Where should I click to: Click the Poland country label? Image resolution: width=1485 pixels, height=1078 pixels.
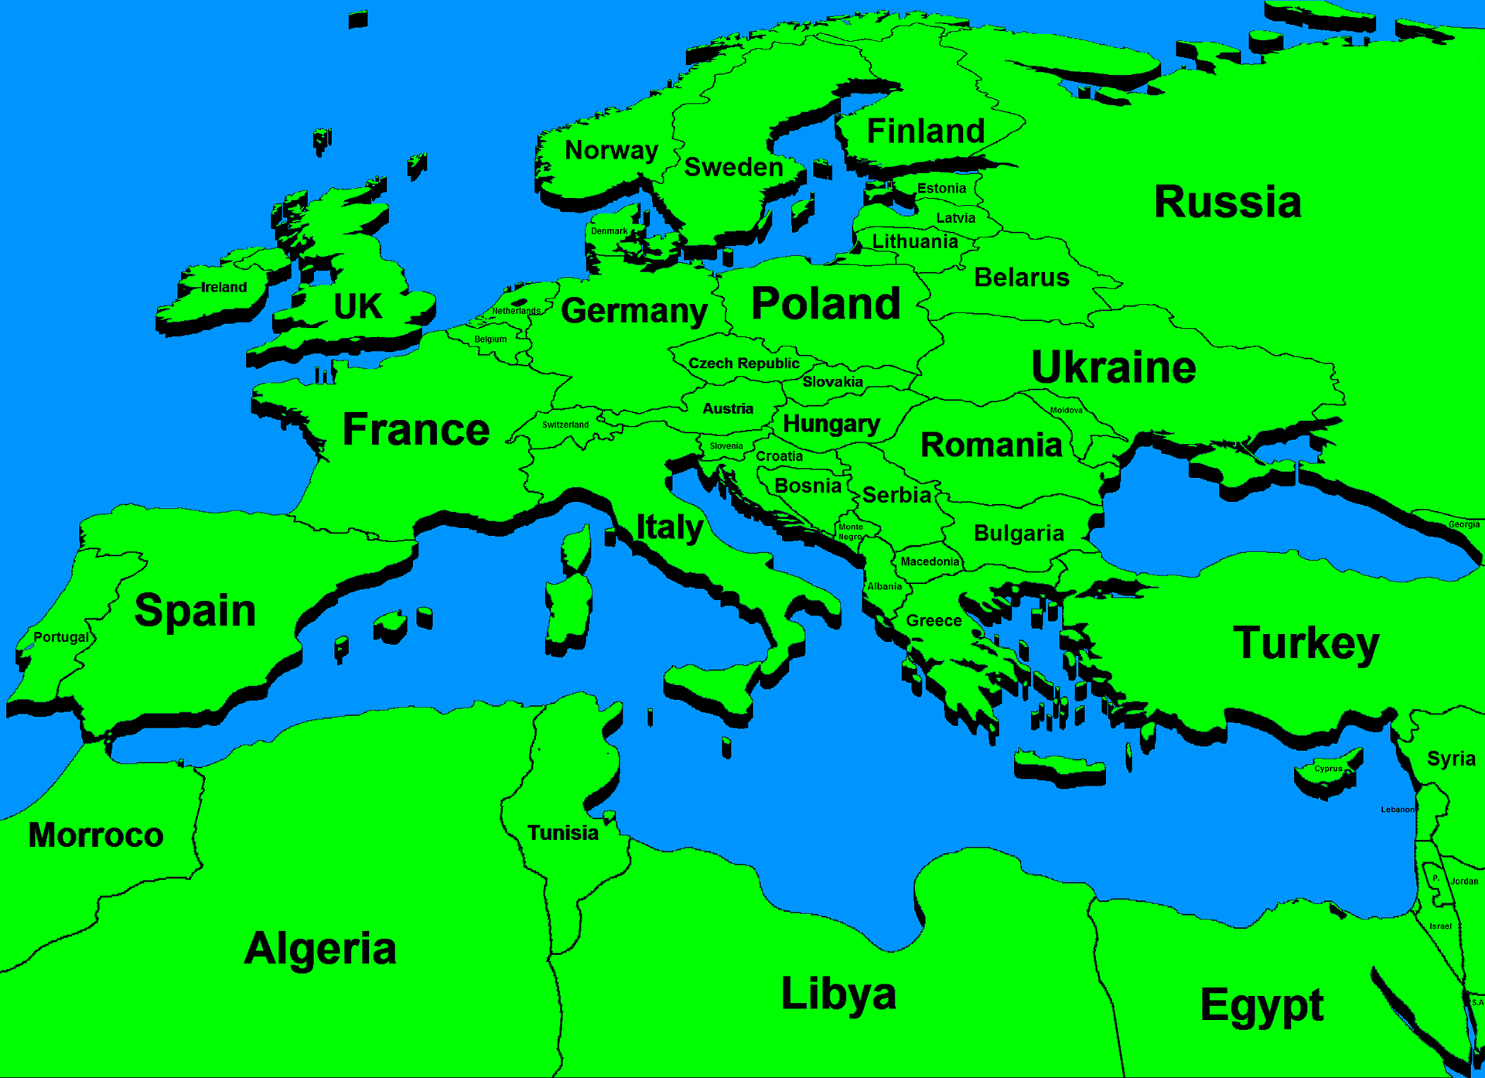(825, 303)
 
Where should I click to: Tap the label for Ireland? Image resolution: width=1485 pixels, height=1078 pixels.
(224, 288)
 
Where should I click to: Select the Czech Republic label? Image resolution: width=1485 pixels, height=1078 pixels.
(743, 363)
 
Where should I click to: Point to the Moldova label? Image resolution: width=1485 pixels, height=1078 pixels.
(1066, 411)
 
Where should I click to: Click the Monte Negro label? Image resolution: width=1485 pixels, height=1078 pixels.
(851, 531)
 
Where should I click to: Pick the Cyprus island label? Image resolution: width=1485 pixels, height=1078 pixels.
(1328, 769)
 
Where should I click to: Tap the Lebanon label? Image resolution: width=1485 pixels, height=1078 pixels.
(1397, 810)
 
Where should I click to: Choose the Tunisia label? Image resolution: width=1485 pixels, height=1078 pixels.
(562, 833)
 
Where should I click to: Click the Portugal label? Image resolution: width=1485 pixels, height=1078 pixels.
(61, 637)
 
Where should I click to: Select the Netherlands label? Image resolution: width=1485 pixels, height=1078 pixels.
(516, 311)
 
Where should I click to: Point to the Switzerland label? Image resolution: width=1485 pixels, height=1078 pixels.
(565, 425)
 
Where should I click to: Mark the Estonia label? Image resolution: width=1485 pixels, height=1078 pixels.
(941, 189)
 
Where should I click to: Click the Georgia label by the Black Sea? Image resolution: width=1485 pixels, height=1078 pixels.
(1463, 524)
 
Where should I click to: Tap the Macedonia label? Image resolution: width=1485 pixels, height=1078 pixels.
(930, 562)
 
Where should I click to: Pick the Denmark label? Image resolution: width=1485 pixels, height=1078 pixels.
(609, 231)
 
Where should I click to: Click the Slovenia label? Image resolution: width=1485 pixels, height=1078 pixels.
(726, 446)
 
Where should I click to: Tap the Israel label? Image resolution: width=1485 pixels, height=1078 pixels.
(1440, 926)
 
